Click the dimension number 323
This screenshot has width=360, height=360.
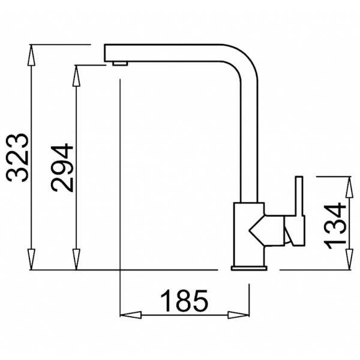pyautogui.click(x=17, y=158)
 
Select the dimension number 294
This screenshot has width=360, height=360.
pyautogui.click(x=62, y=167)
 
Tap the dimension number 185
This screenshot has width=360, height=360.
pyautogui.click(x=185, y=301)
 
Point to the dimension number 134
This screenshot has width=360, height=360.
pyautogui.click(x=334, y=226)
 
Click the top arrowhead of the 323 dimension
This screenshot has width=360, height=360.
pyautogui.click(x=31, y=55)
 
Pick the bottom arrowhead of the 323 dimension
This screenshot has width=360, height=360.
pyautogui.click(x=31, y=259)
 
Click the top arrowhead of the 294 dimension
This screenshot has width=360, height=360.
pyautogui.click(x=76, y=76)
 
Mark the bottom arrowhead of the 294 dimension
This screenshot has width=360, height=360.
pyautogui.click(x=76, y=259)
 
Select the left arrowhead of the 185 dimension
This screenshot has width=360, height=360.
pyautogui.click(x=131, y=315)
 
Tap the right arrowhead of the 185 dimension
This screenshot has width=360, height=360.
pyautogui.click(x=239, y=315)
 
